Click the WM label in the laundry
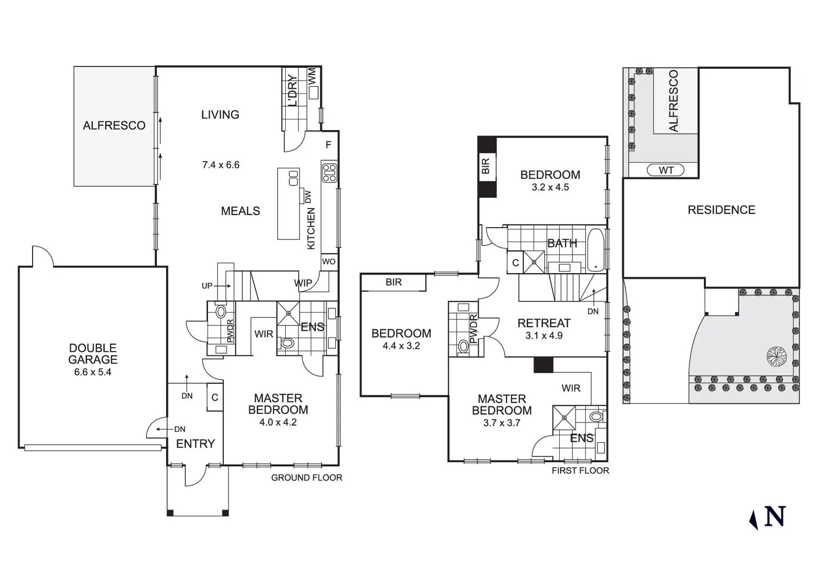point(312,75)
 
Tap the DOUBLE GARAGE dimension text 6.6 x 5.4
point(92,372)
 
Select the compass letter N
point(775,516)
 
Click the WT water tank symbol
point(666,170)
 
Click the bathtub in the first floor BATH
point(596,250)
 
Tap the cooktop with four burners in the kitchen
point(329,173)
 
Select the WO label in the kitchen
point(329,261)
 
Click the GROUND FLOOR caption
point(307,478)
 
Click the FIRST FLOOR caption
point(580,470)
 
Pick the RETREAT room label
point(544,323)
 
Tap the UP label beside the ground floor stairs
point(207,286)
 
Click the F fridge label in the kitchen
point(328,145)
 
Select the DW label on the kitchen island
point(308,197)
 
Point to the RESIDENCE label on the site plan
point(721,210)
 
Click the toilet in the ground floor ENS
point(287,343)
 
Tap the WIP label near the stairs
point(303,283)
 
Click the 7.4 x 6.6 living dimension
point(221,165)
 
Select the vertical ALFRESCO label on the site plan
point(673,101)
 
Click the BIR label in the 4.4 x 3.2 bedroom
point(394,282)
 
